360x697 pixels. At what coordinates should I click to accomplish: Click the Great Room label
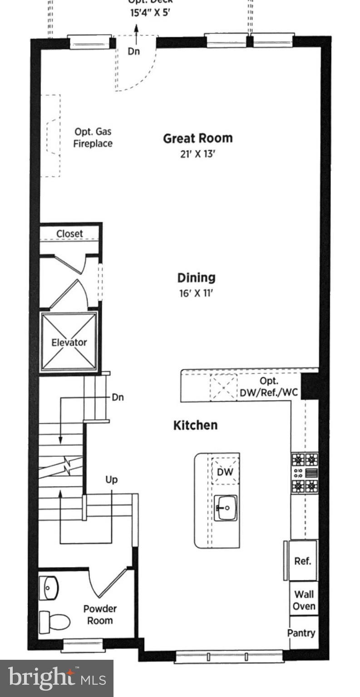coord(197,138)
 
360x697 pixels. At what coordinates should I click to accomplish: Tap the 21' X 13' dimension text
coord(197,154)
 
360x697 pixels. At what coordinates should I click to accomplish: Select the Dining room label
coord(196,278)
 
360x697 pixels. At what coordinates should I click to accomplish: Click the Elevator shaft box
coord(69,342)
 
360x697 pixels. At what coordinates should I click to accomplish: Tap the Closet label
coord(69,234)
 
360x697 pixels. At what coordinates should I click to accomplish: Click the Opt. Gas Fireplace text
coord(93,137)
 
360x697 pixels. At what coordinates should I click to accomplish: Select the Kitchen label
coord(196,425)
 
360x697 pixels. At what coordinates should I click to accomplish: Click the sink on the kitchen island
coord(226,507)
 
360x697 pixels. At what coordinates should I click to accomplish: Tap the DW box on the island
coord(225,472)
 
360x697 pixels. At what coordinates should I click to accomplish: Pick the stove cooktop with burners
coord(305,473)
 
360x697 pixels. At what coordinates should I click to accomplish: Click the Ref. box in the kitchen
coord(303,561)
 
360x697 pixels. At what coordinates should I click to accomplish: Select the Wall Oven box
coord(304,600)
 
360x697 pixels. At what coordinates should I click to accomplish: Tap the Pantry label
coord(301,633)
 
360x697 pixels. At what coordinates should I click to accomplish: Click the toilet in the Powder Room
coord(54,622)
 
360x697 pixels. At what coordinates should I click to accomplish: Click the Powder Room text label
coord(100,614)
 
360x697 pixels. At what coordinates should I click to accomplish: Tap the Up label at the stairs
coord(112,480)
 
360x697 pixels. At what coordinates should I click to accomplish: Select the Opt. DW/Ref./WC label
coord(269,387)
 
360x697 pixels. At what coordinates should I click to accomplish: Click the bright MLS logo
coord(56,678)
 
